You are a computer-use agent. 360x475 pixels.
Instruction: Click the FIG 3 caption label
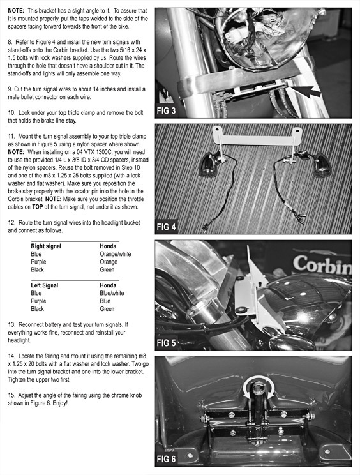[x=166, y=111]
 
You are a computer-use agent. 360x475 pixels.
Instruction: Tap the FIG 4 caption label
[x=166, y=227]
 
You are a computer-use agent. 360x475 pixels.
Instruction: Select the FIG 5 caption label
[x=166, y=343]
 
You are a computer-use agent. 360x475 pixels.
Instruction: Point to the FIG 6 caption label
[x=166, y=459]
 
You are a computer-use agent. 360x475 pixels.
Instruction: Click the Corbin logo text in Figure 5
[x=322, y=264]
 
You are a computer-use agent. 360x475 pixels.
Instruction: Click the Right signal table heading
[x=46, y=246]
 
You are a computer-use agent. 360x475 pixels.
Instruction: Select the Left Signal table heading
[x=44, y=285]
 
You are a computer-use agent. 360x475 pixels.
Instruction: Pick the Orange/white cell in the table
[x=116, y=254]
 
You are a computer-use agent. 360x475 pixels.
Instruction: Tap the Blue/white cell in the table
[x=112, y=293]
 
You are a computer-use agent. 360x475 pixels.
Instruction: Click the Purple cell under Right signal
[x=38, y=262]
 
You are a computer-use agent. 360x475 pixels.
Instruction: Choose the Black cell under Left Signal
[x=37, y=309]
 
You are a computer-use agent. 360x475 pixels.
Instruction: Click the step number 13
[x=11, y=325]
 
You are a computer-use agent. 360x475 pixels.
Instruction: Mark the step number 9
[x=10, y=89]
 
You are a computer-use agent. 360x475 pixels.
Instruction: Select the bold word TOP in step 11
[x=37, y=207]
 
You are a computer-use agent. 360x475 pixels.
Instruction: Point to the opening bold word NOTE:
[x=16, y=11]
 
